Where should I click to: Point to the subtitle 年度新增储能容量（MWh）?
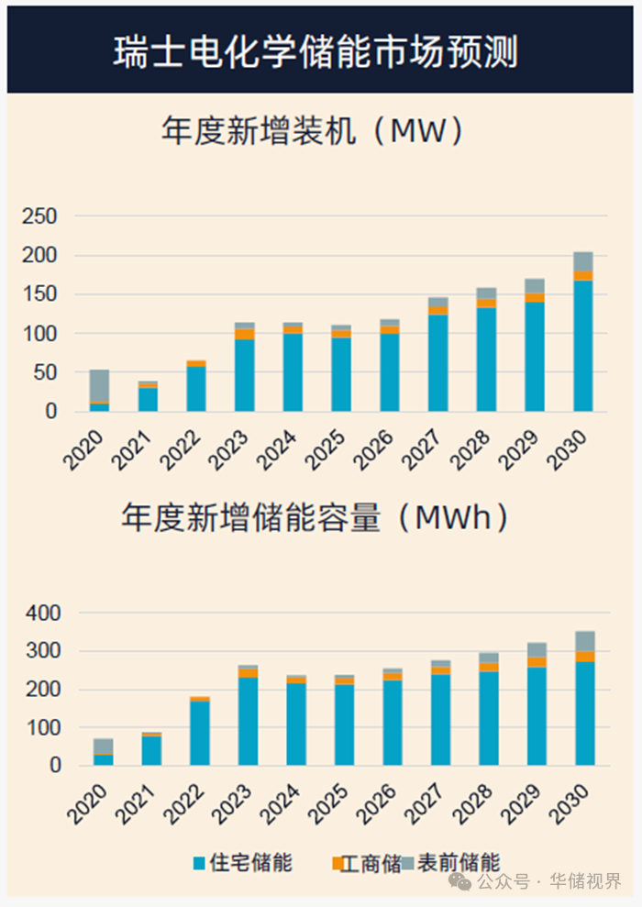click(x=315, y=518)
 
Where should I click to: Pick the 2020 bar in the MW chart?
click(x=99, y=391)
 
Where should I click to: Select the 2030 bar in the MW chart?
click(x=583, y=332)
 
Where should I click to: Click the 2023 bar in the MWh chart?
click(x=248, y=715)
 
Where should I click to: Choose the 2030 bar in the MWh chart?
click(x=584, y=698)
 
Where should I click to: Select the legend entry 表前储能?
click(x=458, y=863)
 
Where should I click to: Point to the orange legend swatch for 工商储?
click(x=337, y=864)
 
